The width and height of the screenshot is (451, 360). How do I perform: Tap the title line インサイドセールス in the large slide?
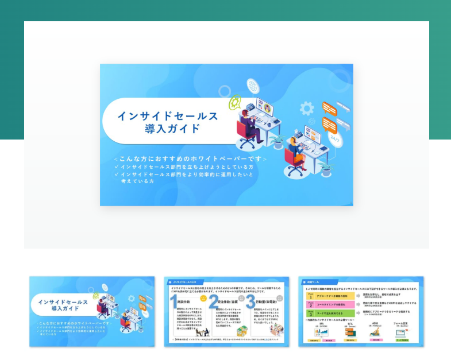tap(168, 116)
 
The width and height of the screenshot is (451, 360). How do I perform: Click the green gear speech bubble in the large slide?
tap(234, 103)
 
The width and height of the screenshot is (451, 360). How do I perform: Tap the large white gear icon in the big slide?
tap(307, 107)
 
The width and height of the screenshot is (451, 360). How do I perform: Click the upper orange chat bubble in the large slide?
tap(329, 108)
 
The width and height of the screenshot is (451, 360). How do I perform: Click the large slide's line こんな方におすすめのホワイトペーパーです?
tap(190, 158)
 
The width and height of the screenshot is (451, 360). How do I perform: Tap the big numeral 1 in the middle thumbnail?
tap(174, 302)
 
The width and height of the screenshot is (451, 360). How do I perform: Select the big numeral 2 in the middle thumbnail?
tap(213, 302)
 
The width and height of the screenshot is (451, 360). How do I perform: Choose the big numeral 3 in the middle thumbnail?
tap(250, 302)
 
